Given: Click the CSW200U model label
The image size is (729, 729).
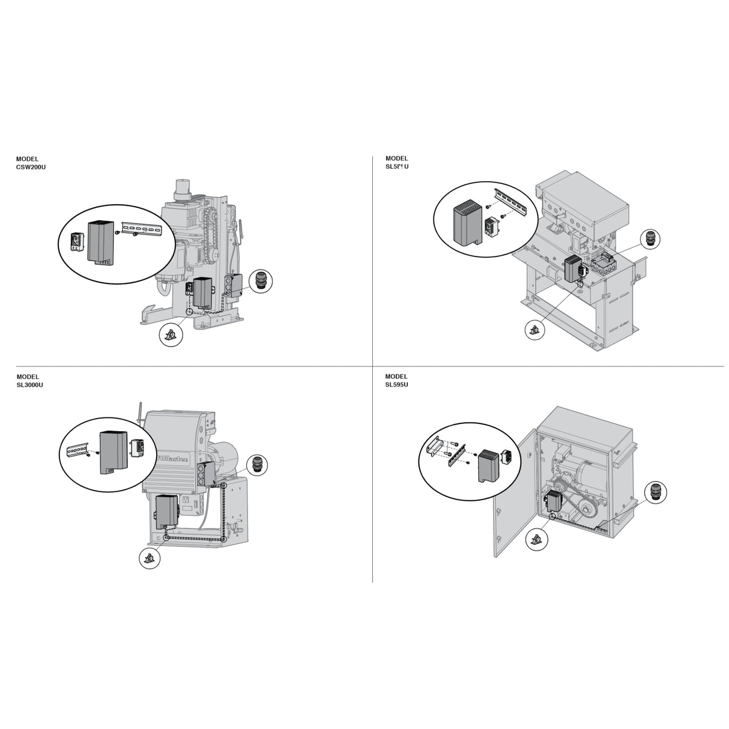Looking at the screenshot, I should tap(31, 163).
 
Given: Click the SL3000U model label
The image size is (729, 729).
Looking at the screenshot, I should tap(29, 381).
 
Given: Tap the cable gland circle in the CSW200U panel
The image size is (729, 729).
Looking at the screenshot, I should tap(261, 280).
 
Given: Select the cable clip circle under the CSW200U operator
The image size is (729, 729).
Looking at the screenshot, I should tap(171, 334).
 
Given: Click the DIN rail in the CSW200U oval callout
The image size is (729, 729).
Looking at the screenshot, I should tap(144, 227).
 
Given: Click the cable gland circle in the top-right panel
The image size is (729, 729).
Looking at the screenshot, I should tap(649, 240).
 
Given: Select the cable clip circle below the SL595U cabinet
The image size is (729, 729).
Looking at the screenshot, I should tap(536, 540).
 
